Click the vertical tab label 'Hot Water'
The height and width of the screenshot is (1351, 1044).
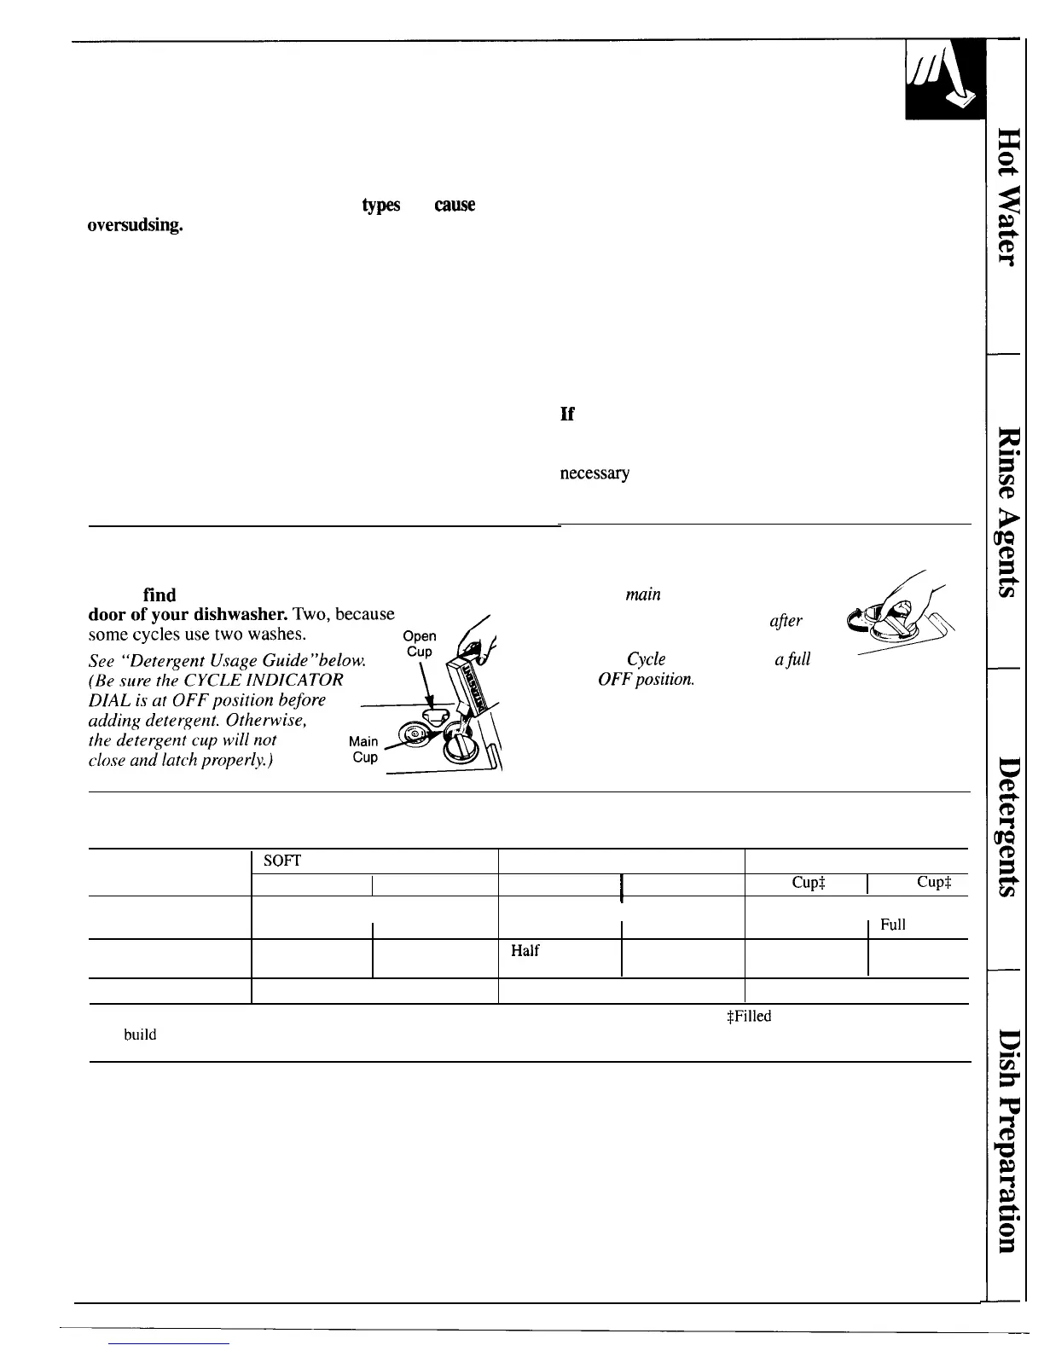(1008, 196)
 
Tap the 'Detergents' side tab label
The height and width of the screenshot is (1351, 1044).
(1008, 826)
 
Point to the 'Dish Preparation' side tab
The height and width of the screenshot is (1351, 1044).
(1008, 1142)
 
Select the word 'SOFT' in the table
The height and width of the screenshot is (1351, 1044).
(281, 861)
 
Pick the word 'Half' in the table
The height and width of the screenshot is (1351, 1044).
(525, 950)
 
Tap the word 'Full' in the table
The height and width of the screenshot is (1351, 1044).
(892, 925)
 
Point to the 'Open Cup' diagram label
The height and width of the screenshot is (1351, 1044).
(420, 644)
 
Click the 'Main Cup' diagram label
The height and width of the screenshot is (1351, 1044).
(364, 749)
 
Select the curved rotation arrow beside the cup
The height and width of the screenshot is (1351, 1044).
(853, 618)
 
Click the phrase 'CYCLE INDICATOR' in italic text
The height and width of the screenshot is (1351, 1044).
(274, 680)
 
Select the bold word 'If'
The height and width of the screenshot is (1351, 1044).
(567, 414)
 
